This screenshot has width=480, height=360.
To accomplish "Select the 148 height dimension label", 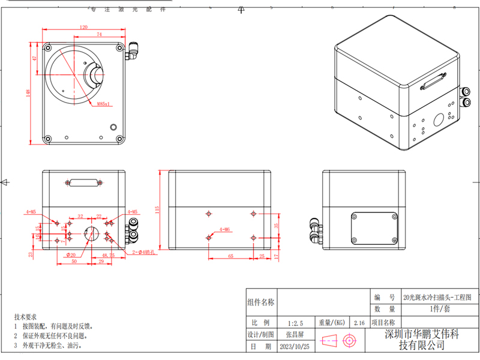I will (x=28, y=93).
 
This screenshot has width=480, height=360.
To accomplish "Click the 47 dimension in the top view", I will (x=35, y=58).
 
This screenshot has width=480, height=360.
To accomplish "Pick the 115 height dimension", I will (x=157, y=209).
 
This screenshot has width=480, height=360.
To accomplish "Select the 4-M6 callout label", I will (x=225, y=229).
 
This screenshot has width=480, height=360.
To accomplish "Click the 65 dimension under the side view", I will (x=230, y=256).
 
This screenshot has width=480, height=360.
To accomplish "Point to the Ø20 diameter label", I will (x=70, y=255).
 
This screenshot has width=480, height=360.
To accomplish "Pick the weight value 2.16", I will (x=360, y=322).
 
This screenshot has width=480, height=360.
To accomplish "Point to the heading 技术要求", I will (x=25, y=316).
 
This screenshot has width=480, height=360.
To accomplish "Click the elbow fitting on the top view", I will (x=133, y=52).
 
